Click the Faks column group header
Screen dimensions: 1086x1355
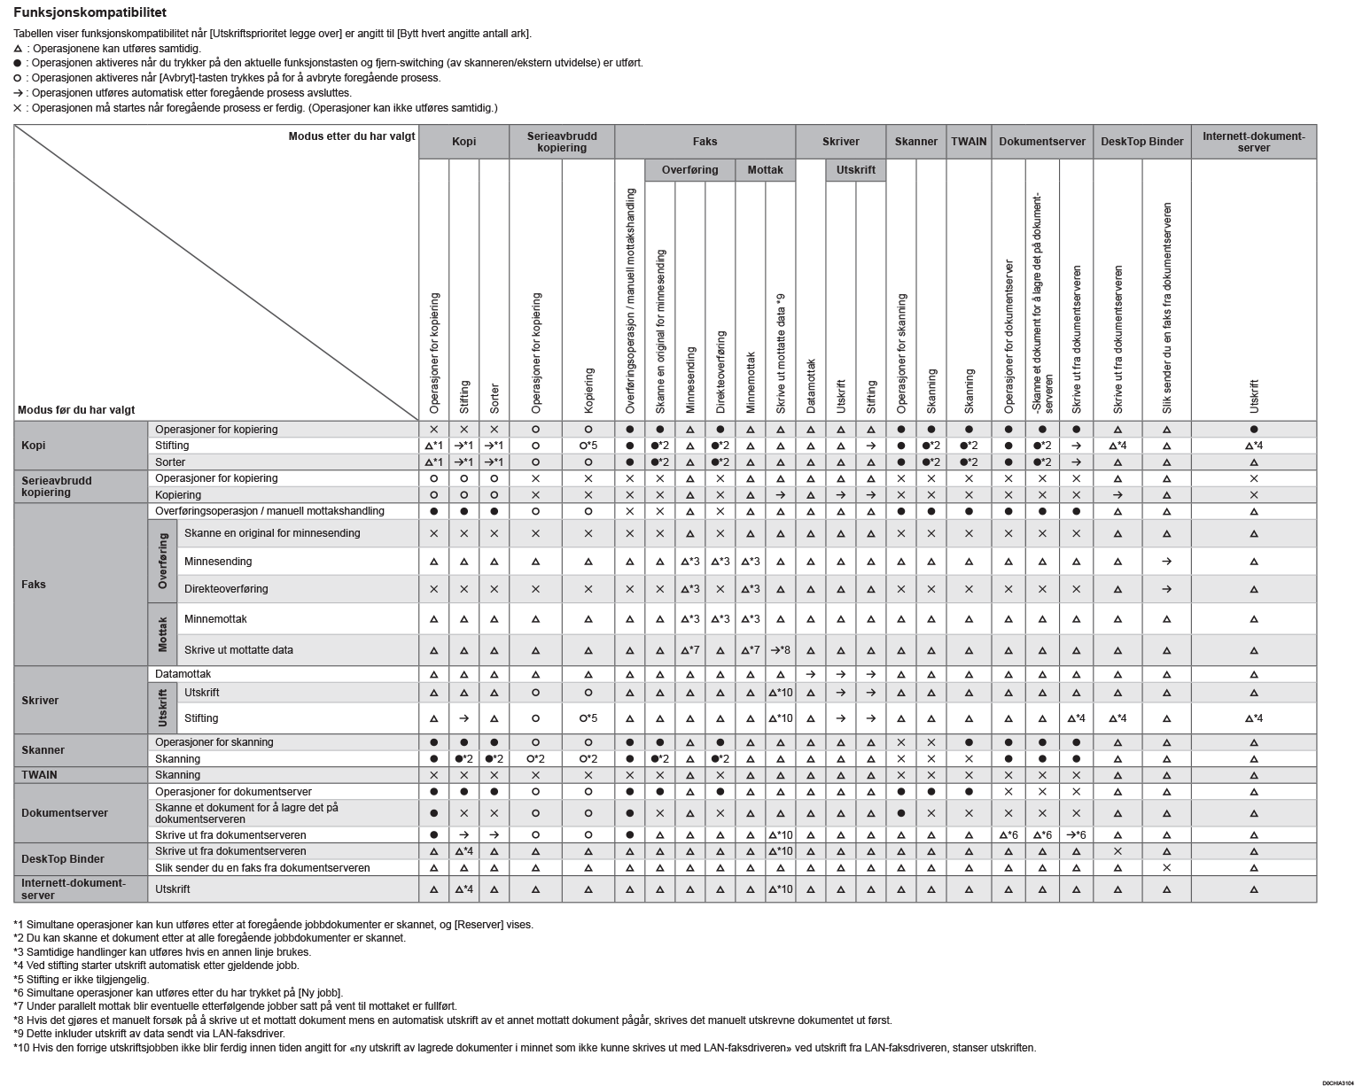pyautogui.click(x=705, y=142)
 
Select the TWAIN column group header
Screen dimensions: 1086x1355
pyautogui.click(x=969, y=142)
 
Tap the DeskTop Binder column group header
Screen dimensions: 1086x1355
pyautogui.click(x=1141, y=142)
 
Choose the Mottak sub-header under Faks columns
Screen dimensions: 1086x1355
pyautogui.click(x=765, y=170)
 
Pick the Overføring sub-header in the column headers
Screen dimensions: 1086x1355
pyautogui.click(x=689, y=170)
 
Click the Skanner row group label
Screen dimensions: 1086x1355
pyautogui.click(x=43, y=750)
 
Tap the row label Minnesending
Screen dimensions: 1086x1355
pyautogui.click(x=218, y=562)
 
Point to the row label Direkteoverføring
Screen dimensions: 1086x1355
pyautogui.click(x=226, y=589)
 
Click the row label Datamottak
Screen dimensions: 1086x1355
pyautogui.click(x=183, y=674)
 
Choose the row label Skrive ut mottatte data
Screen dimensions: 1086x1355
pyautogui.click(x=238, y=650)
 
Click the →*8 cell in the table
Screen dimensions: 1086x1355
pyautogui.click(x=780, y=650)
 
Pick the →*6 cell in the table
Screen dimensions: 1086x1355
pyautogui.click(x=1076, y=835)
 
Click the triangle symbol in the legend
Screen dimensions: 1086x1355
pyautogui.click(x=18, y=49)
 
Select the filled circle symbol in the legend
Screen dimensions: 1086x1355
pyautogui.click(x=18, y=64)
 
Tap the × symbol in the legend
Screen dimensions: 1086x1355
pyautogui.click(x=18, y=108)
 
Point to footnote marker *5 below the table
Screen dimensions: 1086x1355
pyautogui.click(x=19, y=980)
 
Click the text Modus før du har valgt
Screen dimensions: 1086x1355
pyautogui.click(x=76, y=410)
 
